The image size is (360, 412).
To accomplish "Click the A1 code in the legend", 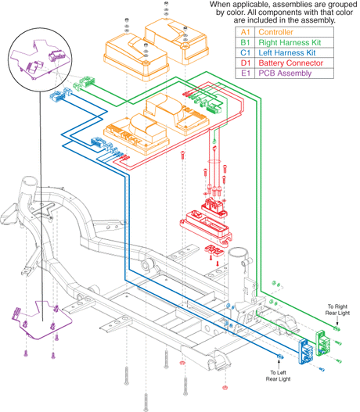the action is click(245, 32).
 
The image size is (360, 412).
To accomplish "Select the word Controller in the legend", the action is click(275, 32).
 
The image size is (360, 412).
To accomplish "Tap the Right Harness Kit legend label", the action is click(290, 42).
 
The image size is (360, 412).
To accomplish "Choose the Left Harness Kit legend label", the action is click(287, 52).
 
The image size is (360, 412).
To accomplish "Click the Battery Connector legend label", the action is click(290, 63).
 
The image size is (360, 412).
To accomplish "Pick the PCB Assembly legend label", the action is click(285, 73).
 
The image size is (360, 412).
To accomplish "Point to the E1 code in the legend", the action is click(245, 73).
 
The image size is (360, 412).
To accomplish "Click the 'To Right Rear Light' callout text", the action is click(337, 310).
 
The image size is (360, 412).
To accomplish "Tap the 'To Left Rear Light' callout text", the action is click(278, 376).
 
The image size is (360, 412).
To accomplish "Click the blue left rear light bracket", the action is click(305, 352).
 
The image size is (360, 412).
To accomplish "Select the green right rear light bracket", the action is click(322, 343).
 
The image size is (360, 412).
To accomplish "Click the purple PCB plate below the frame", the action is click(43, 323).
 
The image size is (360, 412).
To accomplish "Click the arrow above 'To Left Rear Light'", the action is click(279, 364).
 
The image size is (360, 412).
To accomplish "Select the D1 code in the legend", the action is click(245, 63).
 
